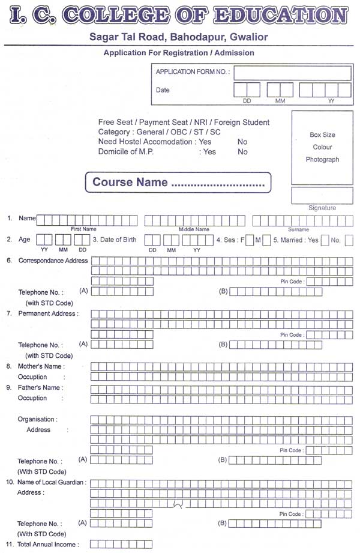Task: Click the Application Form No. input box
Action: coord(292,73)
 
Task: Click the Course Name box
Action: coord(179,183)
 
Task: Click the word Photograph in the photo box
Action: coord(322,160)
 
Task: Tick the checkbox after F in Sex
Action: coord(250,240)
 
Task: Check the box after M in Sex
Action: coord(266,240)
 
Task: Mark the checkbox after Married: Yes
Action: coord(325,240)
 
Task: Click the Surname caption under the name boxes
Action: coord(298,229)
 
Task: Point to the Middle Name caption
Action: coord(194,229)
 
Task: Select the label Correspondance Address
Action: coord(53,261)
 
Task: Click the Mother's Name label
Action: coord(41,366)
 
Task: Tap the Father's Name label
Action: coord(40,387)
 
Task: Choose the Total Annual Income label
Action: coord(48,545)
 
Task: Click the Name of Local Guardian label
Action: coord(52,482)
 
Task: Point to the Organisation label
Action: coord(37,419)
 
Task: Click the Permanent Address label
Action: coord(48,313)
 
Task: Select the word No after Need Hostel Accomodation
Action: coord(242,142)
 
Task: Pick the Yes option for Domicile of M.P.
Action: coord(209,152)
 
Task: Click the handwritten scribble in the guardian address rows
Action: coord(178,504)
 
